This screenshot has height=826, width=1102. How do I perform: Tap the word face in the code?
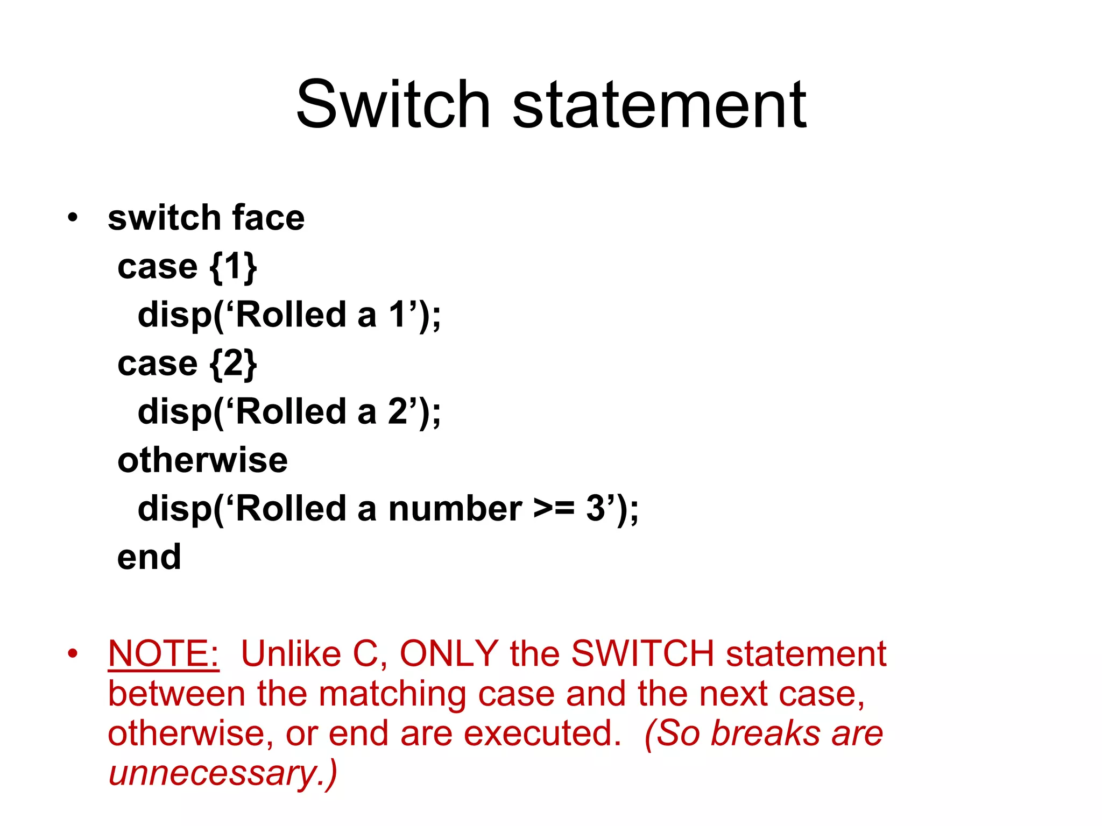[268, 218]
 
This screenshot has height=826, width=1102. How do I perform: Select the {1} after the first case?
[233, 267]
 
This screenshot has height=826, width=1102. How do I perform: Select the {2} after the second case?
[233, 364]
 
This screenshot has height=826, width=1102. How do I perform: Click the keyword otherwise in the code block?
[202, 460]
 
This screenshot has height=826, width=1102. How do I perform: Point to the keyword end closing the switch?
[149, 557]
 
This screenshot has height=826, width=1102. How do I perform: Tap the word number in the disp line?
[455, 509]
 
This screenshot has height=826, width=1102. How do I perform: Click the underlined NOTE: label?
[164, 654]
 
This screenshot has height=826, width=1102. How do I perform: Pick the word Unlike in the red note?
[291, 654]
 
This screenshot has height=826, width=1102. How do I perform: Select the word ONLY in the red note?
[449, 654]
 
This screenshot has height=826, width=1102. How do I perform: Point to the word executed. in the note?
[542, 734]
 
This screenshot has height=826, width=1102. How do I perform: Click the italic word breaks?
[765, 734]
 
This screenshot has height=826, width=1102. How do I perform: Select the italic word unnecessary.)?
[223, 773]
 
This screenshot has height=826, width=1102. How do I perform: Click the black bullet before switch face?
[73, 218]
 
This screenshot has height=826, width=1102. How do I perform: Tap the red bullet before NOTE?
[73, 654]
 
